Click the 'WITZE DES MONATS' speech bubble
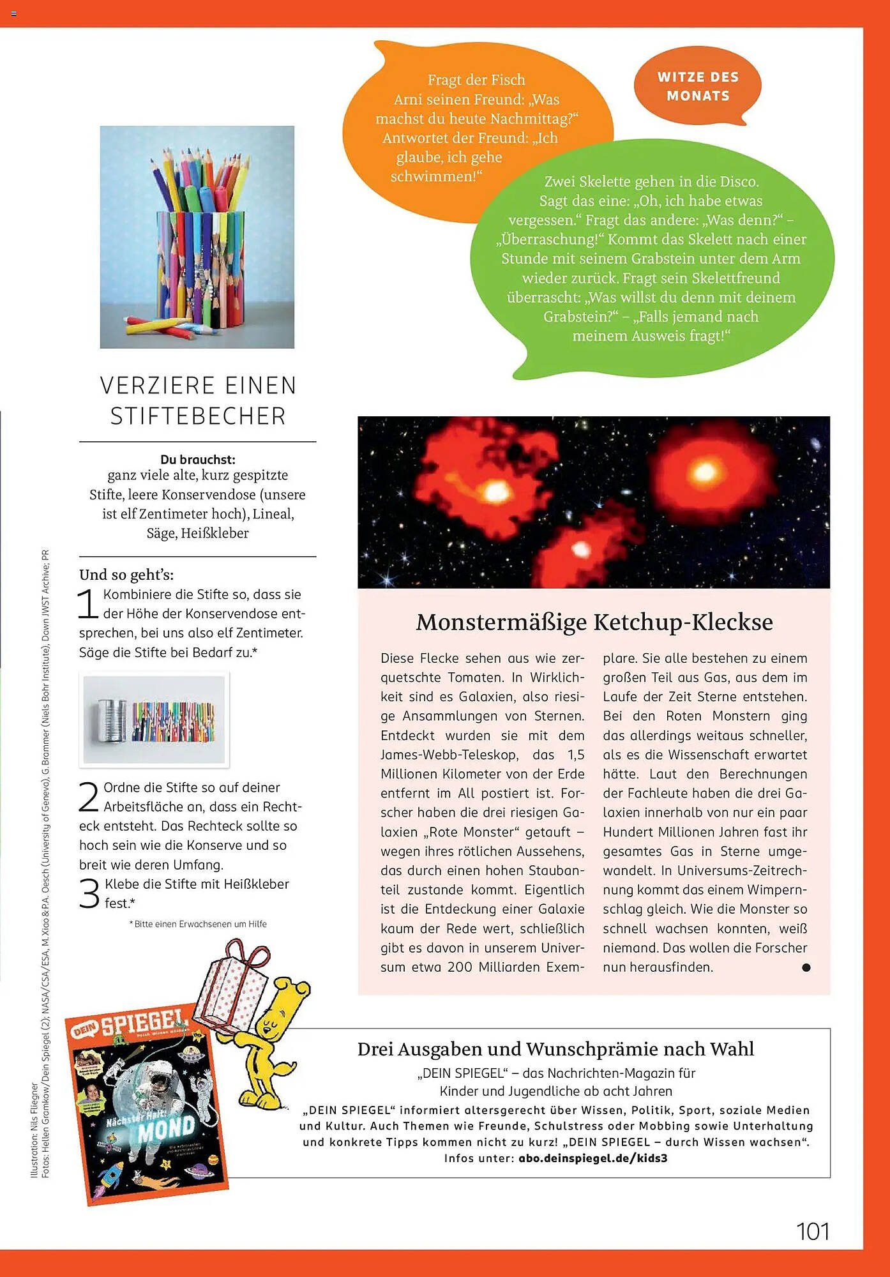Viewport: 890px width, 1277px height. click(x=698, y=86)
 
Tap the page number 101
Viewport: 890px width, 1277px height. click(x=813, y=1232)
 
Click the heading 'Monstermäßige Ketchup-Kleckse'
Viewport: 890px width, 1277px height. click(x=594, y=622)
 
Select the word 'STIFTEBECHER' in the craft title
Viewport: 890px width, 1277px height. click(x=198, y=416)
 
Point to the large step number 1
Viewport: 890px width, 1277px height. click(x=87, y=604)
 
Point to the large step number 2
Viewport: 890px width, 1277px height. click(x=88, y=797)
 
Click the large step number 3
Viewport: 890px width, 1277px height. click(x=89, y=893)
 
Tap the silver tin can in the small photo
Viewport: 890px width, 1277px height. click(x=112, y=720)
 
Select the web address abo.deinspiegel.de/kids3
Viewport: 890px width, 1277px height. click(x=592, y=1158)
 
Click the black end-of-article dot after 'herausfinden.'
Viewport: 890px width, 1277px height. click(x=806, y=967)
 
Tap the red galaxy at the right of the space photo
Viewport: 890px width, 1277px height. click(x=704, y=472)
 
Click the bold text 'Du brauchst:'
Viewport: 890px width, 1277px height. click(x=198, y=459)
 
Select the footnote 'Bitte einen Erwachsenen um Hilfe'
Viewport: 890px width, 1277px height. click(x=200, y=924)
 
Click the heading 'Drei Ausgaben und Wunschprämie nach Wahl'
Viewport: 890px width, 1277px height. click(x=555, y=1049)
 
